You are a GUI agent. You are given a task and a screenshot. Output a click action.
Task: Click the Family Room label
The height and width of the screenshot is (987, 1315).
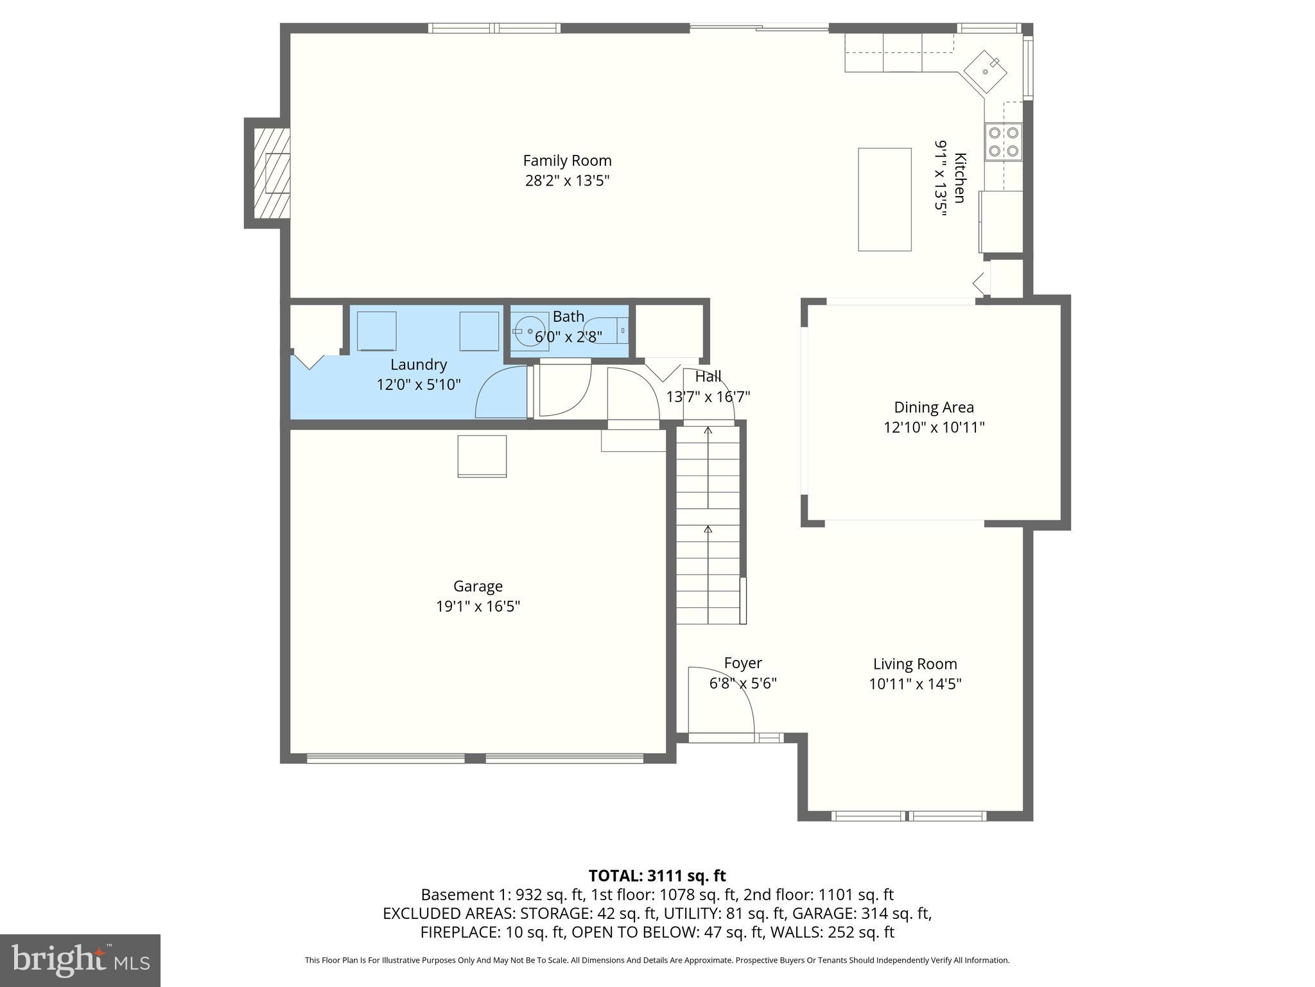coord(567,161)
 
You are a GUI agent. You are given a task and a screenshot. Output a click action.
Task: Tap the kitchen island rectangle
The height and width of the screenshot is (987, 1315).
coord(884,199)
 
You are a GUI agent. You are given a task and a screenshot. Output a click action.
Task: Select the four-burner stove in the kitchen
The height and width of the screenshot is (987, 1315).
coord(1003,142)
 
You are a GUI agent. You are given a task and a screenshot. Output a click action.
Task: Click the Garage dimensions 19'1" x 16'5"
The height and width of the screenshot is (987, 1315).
coord(478,606)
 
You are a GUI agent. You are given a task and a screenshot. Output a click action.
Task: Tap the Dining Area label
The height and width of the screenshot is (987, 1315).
coord(934,407)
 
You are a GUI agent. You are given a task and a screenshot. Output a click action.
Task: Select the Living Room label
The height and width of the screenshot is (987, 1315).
coord(914,664)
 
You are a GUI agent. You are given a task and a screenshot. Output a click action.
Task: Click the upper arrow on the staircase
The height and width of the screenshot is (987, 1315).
coord(708,431)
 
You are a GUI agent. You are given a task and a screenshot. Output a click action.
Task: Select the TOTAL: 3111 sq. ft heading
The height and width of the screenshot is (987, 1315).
coord(657,875)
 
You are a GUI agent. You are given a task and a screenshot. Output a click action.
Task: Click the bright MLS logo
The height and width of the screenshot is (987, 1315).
coord(80,960)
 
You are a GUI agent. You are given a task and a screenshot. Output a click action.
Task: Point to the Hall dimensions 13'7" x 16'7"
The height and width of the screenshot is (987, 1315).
coord(708,396)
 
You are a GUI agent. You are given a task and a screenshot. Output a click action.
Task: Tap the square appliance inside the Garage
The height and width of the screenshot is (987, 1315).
coord(482,456)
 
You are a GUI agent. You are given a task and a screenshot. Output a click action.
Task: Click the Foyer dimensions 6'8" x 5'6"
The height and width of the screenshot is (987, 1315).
coord(742,683)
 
